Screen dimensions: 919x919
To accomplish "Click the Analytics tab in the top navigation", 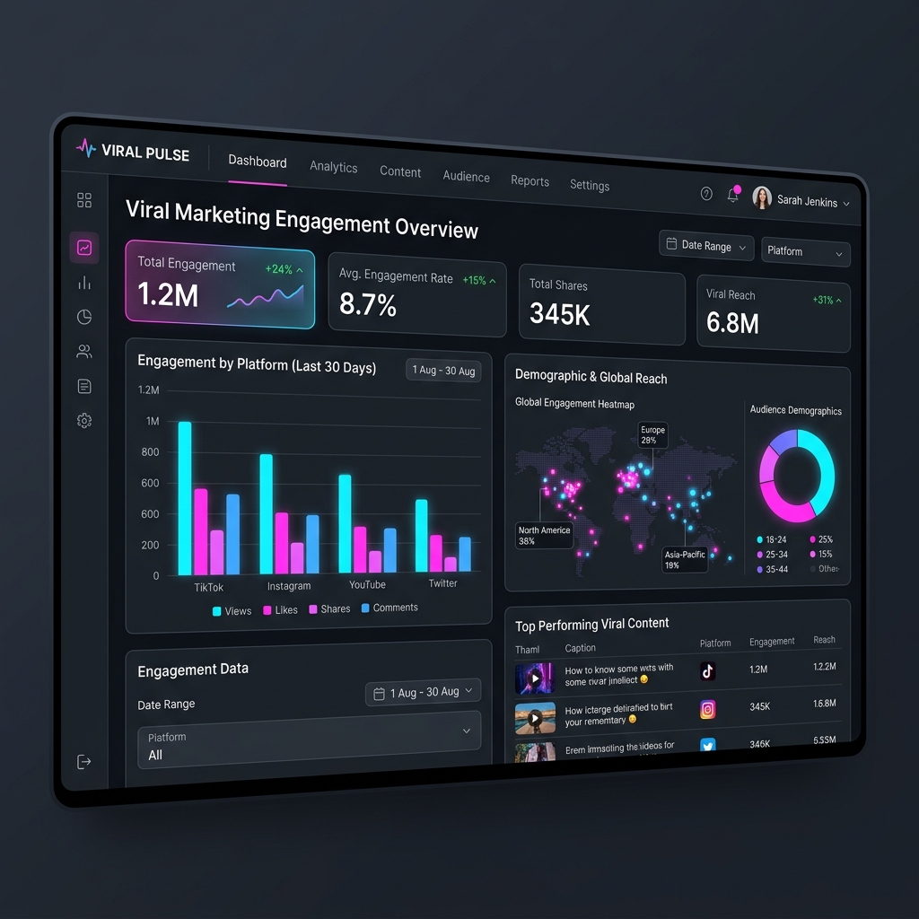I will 333,167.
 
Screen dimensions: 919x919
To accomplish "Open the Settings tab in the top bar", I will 589,185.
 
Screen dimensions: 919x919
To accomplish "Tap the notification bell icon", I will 732,195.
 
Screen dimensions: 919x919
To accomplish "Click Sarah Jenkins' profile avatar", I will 762,198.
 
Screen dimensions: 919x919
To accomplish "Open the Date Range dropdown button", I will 706,245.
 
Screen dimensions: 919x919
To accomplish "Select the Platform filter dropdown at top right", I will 805,251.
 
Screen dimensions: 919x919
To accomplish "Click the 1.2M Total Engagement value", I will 168,294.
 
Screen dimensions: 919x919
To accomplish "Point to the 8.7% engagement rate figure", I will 368,305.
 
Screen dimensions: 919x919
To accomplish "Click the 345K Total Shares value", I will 559,313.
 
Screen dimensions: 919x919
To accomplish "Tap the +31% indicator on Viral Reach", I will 827,300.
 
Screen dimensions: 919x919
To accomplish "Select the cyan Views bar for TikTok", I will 185,498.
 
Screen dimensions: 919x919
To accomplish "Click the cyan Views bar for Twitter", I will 421,535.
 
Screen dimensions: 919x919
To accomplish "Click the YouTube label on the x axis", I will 367,584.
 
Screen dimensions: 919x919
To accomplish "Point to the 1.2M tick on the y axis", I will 149,390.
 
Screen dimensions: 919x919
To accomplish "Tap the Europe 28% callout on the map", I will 652,435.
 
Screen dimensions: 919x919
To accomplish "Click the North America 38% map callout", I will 544,536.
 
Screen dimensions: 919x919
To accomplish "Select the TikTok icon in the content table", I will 707,670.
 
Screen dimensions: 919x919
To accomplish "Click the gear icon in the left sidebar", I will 84,420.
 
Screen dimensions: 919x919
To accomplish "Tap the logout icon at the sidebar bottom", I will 84,762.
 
